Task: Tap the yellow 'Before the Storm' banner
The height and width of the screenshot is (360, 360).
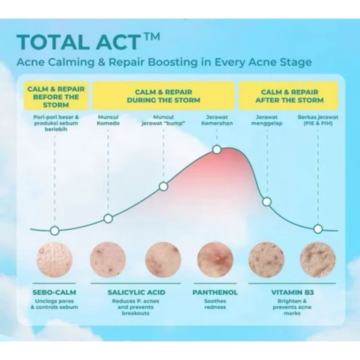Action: point(56,95)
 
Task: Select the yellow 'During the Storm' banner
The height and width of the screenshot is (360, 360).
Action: point(163,95)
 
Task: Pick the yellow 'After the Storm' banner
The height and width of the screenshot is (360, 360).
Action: point(289,95)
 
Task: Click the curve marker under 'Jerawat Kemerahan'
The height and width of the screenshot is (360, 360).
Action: point(217,150)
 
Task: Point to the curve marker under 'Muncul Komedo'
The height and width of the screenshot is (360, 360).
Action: point(108,218)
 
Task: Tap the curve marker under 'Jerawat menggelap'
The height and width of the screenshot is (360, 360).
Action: point(267,202)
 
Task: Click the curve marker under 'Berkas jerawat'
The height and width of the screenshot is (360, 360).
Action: point(318,229)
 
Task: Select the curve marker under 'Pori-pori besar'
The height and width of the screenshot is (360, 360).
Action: point(54,231)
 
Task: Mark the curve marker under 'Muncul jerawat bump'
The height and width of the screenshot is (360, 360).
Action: point(163,186)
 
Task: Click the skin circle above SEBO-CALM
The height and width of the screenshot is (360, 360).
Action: point(54,260)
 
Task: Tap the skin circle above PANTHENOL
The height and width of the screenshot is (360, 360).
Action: point(215,260)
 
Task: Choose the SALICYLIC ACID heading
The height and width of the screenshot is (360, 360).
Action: point(136,292)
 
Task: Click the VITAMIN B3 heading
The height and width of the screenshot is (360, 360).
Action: point(292,292)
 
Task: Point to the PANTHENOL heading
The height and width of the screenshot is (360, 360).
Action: point(215,292)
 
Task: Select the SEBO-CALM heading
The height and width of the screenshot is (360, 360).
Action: point(54,292)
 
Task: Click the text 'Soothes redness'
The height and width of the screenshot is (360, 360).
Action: point(215,304)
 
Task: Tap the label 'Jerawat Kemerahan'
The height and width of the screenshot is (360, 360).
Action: point(217,120)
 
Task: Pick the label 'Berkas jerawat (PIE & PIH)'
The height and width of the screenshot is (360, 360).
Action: point(318,120)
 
